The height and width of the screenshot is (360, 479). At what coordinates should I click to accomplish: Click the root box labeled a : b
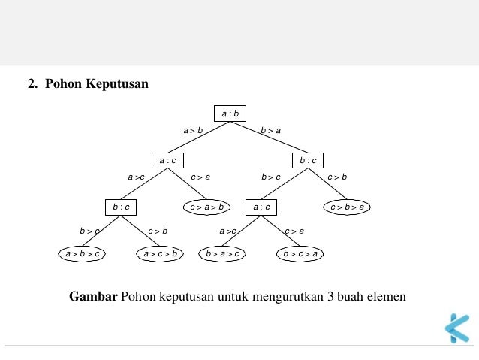click(230, 114)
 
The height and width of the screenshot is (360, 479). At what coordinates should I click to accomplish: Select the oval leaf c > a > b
click(206, 207)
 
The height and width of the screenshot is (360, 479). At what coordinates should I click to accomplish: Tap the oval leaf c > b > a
click(347, 207)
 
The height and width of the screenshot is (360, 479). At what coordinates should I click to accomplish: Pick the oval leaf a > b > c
click(82, 254)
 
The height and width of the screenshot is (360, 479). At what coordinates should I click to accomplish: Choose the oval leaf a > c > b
click(161, 254)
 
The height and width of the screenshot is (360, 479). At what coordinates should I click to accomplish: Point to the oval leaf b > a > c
click(223, 254)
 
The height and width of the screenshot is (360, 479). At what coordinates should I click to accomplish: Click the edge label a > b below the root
click(193, 131)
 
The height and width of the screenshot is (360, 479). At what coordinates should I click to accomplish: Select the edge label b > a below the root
click(271, 131)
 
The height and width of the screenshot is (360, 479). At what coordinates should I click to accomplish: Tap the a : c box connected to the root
click(167, 160)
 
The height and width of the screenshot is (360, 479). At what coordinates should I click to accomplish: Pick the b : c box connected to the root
click(308, 160)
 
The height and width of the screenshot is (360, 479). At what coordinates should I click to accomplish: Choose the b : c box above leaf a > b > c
click(121, 207)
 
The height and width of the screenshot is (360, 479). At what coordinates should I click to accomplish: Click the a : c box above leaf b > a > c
click(261, 207)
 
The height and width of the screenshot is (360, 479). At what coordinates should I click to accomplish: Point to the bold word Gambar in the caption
click(93, 296)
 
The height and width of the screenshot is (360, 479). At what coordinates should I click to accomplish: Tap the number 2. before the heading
click(33, 84)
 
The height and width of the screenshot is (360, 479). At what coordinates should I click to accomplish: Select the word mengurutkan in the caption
click(287, 296)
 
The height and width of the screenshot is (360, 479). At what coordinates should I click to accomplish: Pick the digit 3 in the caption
click(330, 296)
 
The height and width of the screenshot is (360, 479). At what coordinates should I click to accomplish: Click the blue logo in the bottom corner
click(456, 328)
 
